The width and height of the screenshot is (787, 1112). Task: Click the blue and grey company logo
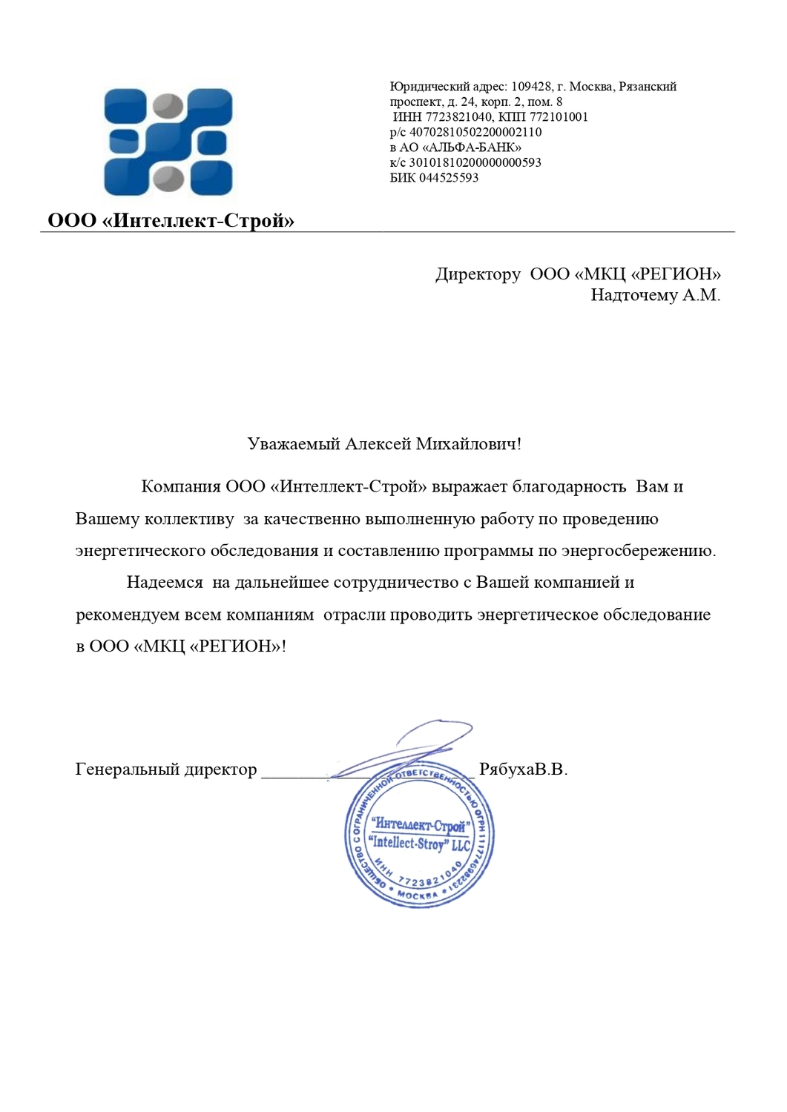point(168,142)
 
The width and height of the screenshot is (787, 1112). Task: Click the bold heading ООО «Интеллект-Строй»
point(171,221)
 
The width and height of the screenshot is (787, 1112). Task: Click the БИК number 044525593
point(449,178)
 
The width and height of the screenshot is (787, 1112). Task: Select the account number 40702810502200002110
point(475,133)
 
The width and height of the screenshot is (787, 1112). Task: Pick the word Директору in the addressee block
point(478,274)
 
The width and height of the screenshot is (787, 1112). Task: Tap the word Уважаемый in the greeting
point(293,444)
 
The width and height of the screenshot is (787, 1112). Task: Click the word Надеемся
point(165,583)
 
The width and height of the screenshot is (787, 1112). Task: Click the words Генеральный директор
point(166,770)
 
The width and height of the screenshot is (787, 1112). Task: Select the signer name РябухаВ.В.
point(523,770)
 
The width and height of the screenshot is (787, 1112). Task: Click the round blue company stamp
point(419,834)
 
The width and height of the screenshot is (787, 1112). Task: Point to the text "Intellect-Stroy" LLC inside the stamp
point(420,844)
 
